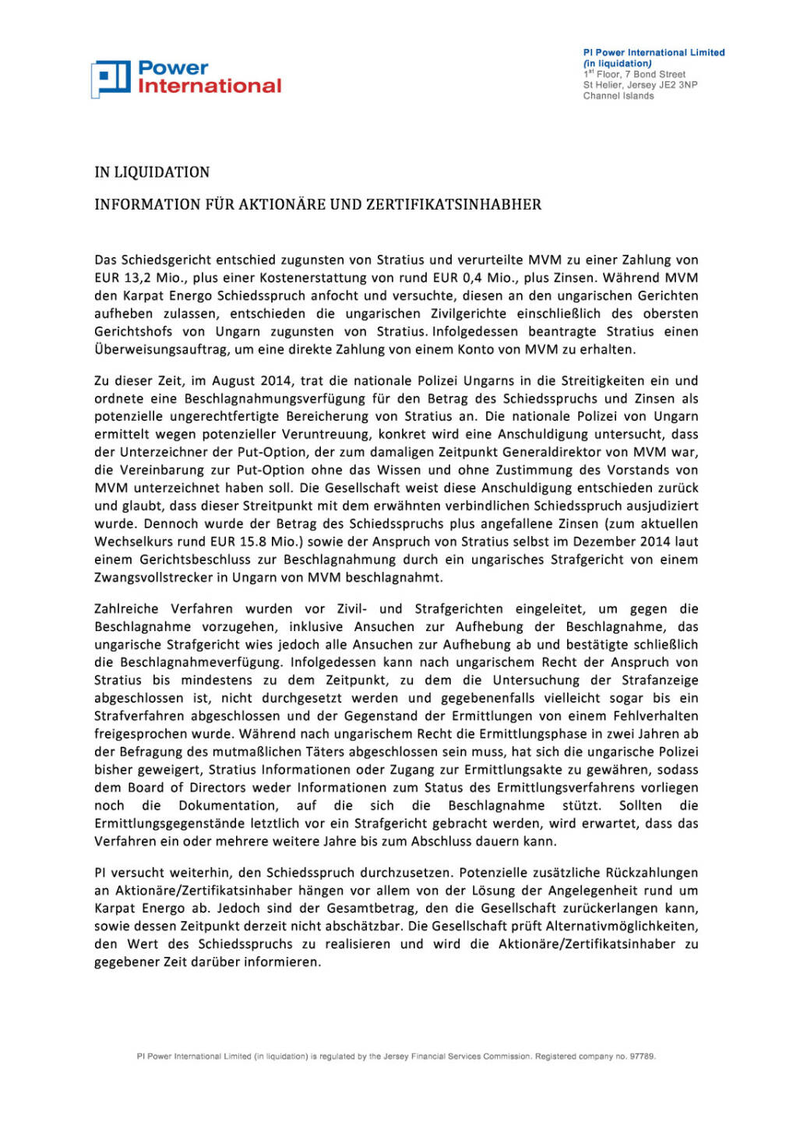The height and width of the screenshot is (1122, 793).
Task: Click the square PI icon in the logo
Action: [111, 79]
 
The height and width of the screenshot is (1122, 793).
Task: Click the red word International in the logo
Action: [210, 86]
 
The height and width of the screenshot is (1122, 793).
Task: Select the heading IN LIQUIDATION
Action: [152, 172]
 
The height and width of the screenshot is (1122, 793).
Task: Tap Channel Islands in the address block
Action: [619, 96]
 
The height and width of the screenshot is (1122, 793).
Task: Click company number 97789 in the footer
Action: [642, 1057]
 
